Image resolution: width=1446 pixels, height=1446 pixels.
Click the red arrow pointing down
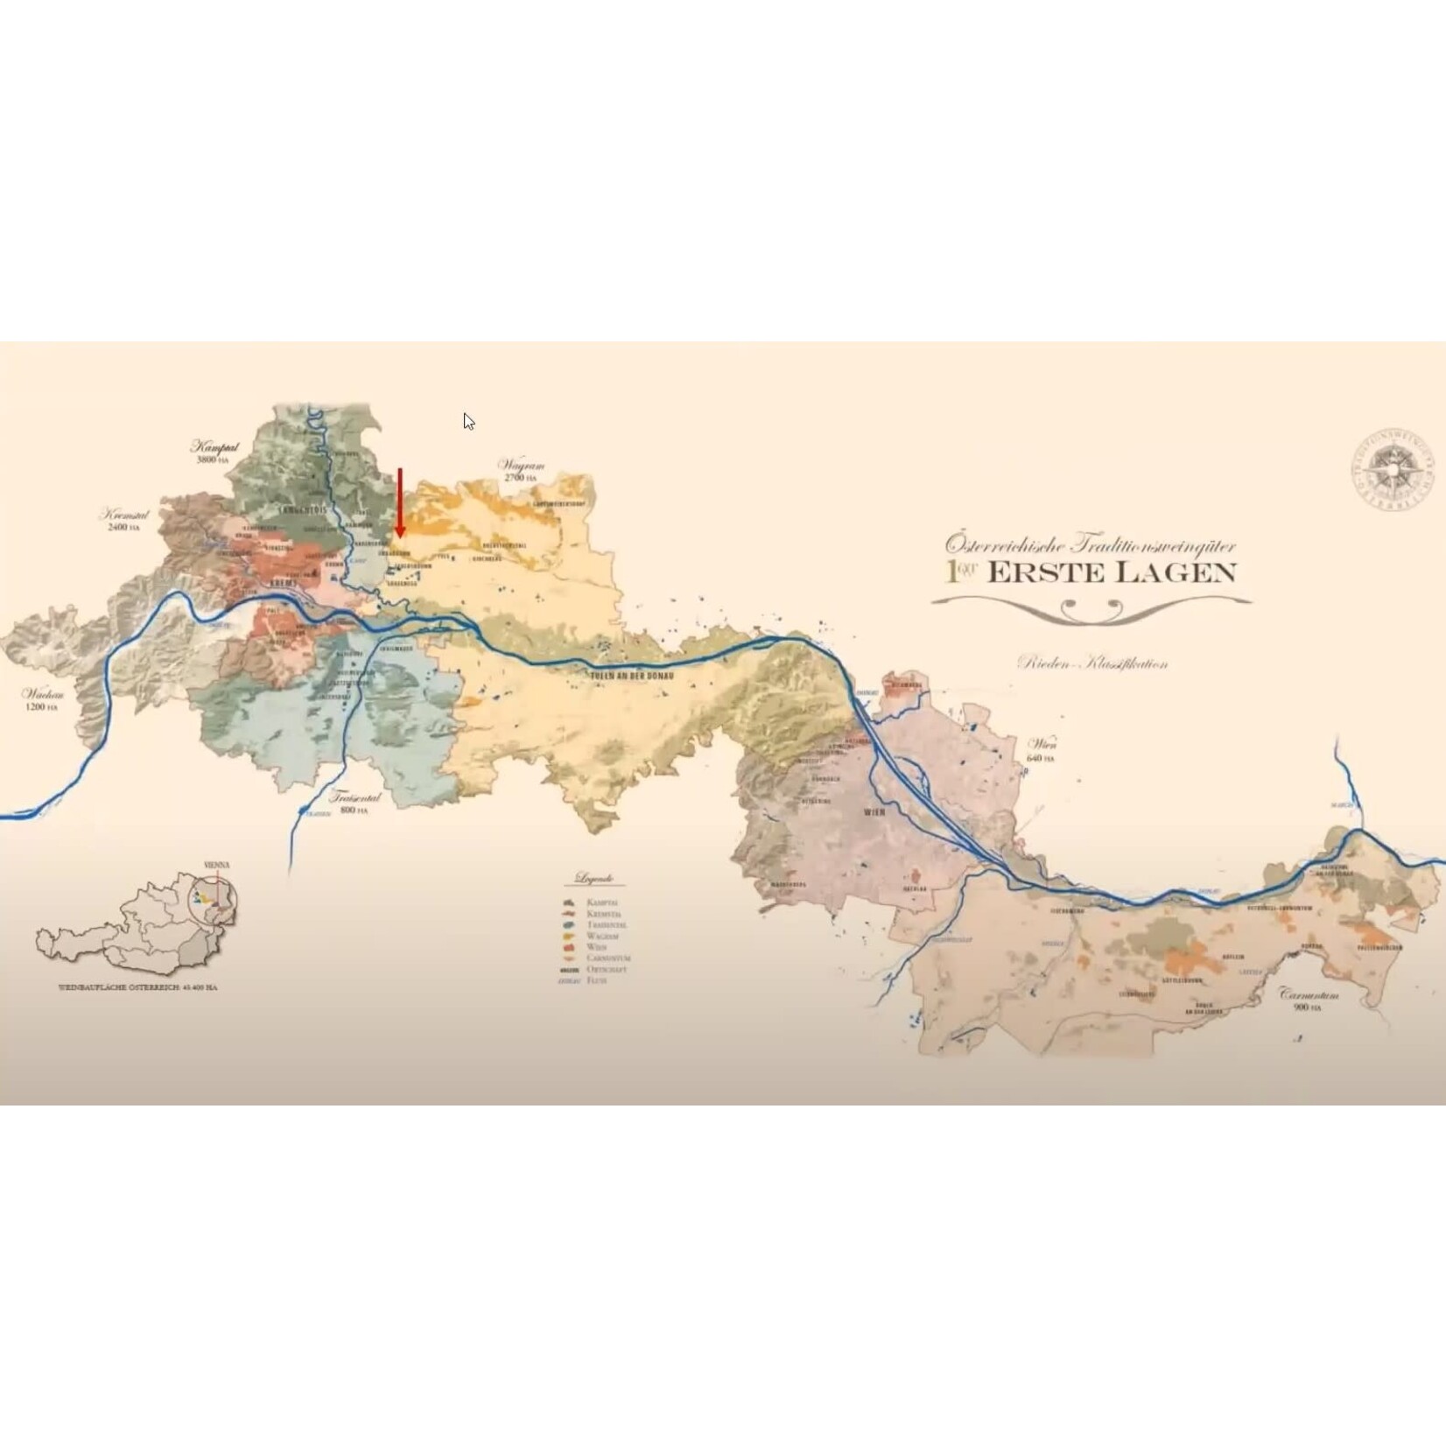tap(400, 502)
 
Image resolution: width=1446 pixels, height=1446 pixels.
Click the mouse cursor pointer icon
tap(468, 421)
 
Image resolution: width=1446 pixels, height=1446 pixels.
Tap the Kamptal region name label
tap(214, 446)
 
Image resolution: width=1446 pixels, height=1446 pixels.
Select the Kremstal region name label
tap(123, 515)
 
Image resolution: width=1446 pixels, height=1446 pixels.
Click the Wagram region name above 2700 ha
tap(521, 465)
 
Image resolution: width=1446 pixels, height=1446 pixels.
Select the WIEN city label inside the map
tap(874, 812)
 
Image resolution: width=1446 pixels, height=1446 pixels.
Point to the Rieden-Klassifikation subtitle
tap(1092, 663)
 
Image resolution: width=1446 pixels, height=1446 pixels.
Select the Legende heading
tap(594, 878)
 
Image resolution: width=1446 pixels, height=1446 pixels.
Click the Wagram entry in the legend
tap(602, 936)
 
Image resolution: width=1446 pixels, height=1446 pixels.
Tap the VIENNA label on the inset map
tap(216, 865)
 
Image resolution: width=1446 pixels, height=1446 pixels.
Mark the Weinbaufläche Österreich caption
tap(137, 986)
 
